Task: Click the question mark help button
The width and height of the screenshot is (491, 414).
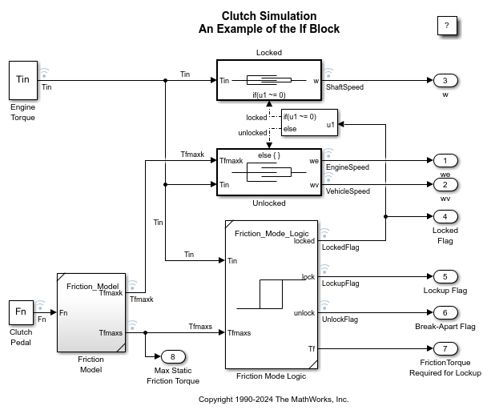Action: pos(446,26)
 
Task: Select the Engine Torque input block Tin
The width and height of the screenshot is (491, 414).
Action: pos(23,79)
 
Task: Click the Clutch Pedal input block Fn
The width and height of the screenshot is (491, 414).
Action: pos(21,311)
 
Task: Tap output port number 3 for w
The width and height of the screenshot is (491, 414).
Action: pos(445,80)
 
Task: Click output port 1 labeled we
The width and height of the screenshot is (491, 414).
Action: pos(445,161)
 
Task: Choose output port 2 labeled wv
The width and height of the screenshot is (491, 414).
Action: pos(445,185)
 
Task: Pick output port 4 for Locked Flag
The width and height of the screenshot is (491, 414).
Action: pos(445,216)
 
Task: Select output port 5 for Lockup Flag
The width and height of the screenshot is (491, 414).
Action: pos(445,277)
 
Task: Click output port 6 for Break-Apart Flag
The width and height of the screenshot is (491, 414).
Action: pos(445,312)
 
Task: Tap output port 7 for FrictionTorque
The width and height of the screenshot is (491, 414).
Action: pos(445,348)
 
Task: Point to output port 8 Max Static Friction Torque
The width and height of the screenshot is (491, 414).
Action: pos(172,356)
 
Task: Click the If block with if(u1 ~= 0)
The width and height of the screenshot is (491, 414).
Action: pos(309,123)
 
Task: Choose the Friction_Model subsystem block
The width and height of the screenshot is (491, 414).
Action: pos(91,312)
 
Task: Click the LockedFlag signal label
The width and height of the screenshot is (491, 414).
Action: pos(340,247)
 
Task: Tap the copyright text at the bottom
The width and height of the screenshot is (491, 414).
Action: pos(273,399)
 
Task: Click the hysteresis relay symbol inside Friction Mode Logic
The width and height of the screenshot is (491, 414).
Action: pos(270,294)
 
